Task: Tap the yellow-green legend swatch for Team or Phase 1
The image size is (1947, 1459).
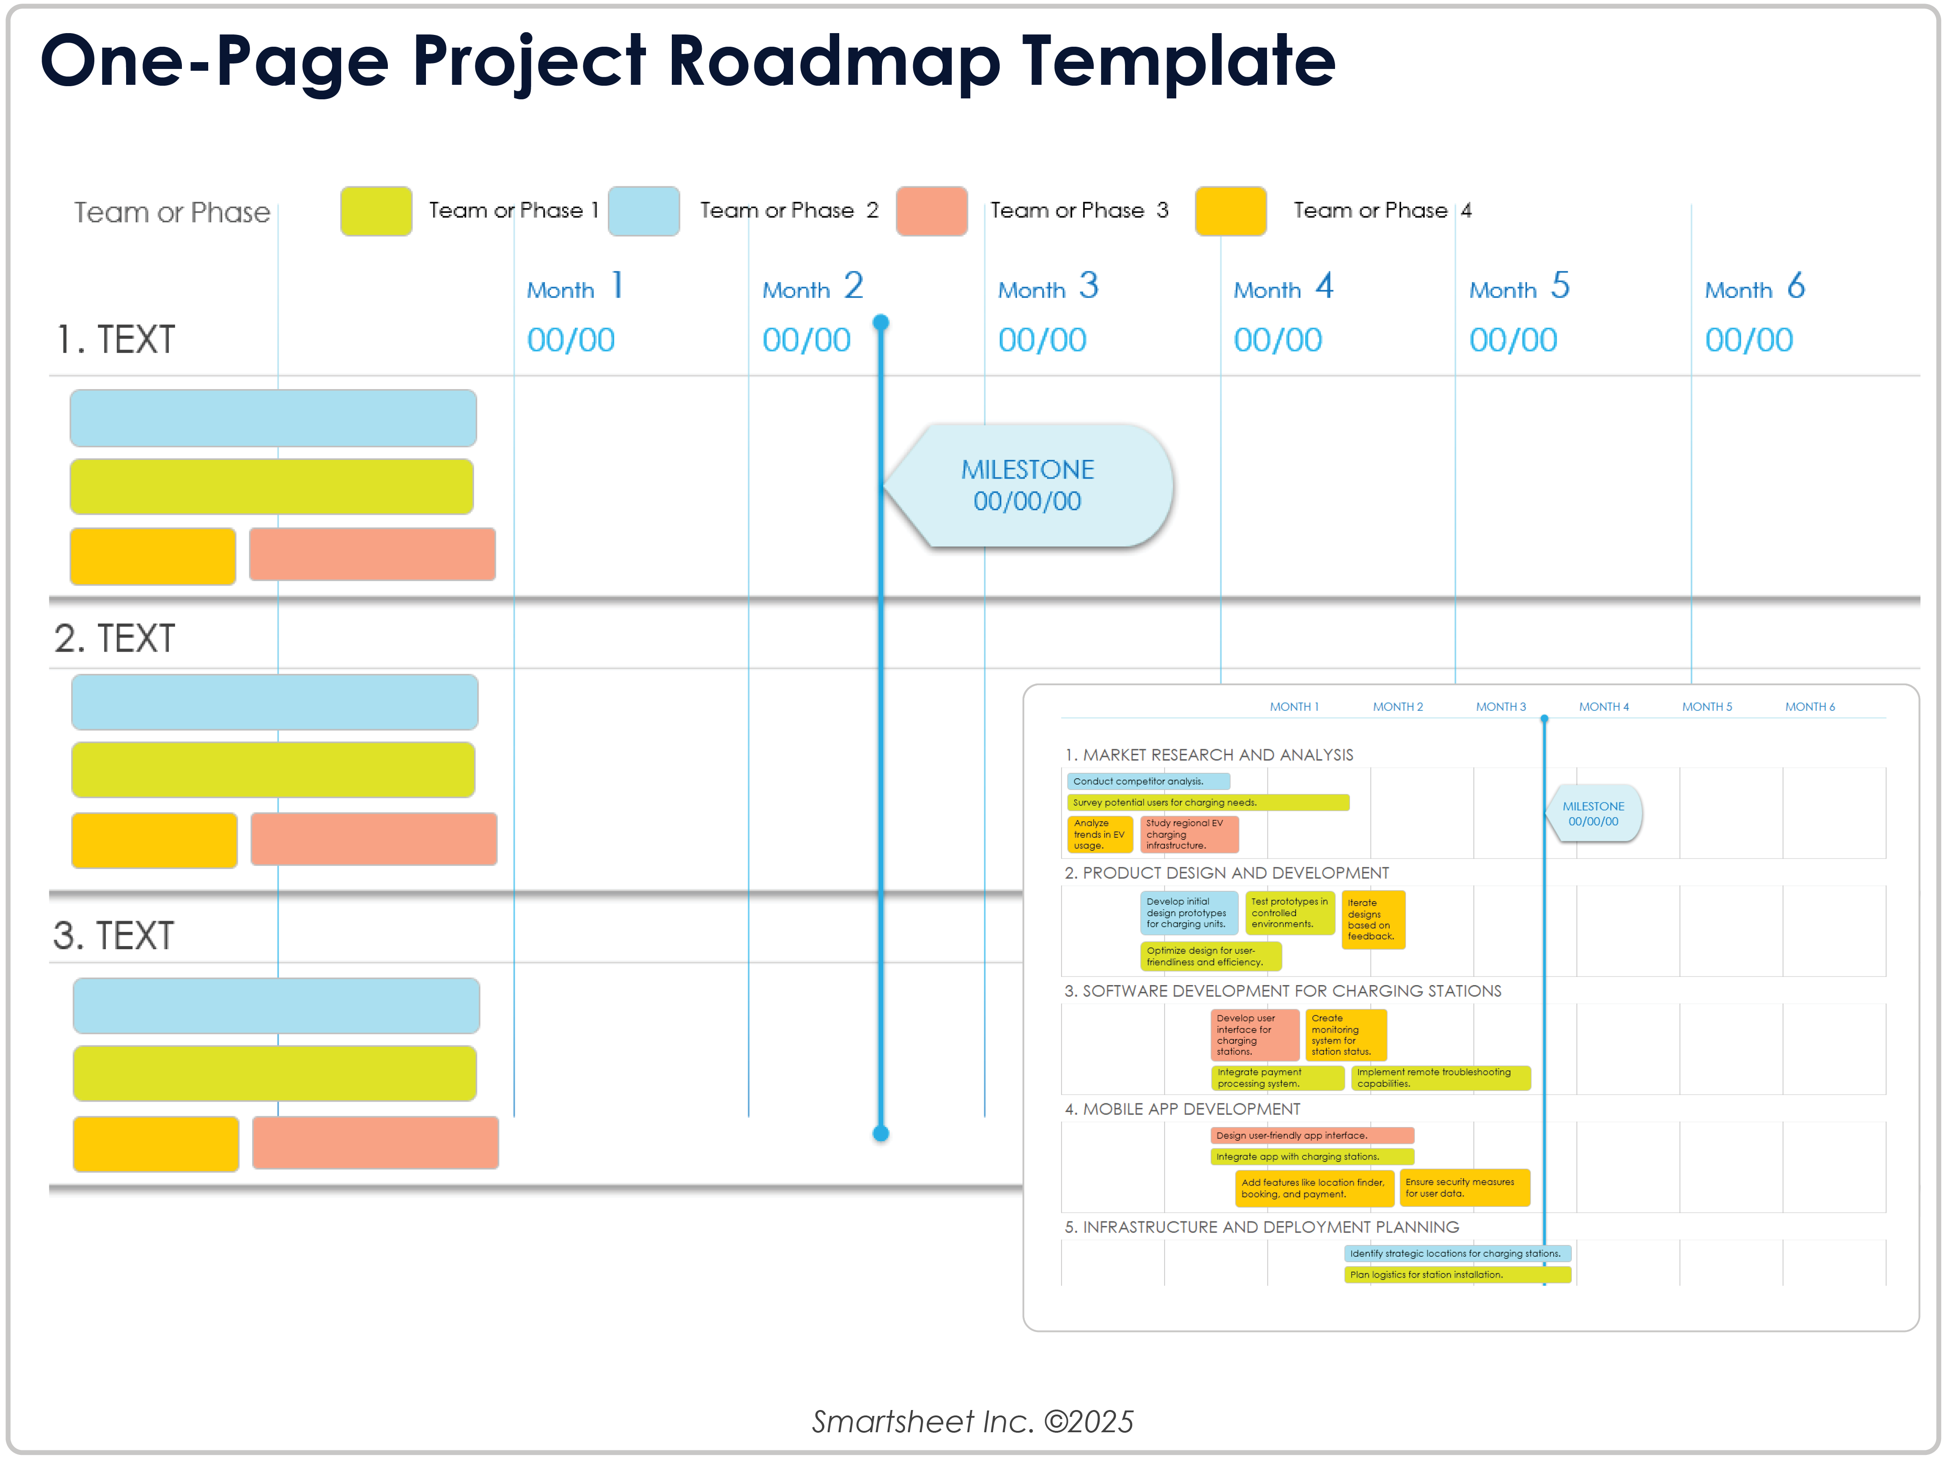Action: point(376,211)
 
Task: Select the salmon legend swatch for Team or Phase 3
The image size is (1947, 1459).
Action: point(931,211)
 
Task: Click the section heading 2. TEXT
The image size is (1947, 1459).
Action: point(114,638)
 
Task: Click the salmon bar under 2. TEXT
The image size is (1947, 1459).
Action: point(374,839)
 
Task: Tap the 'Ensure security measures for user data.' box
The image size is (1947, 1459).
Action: point(1464,1188)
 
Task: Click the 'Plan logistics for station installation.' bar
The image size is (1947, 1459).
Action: point(1457,1275)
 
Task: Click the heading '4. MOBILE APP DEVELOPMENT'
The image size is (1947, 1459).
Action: point(1182,1109)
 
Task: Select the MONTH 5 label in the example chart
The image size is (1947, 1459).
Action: point(1707,707)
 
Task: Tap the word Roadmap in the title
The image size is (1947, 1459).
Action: point(833,62)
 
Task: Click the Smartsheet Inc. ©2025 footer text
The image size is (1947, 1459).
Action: point(973,1421)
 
